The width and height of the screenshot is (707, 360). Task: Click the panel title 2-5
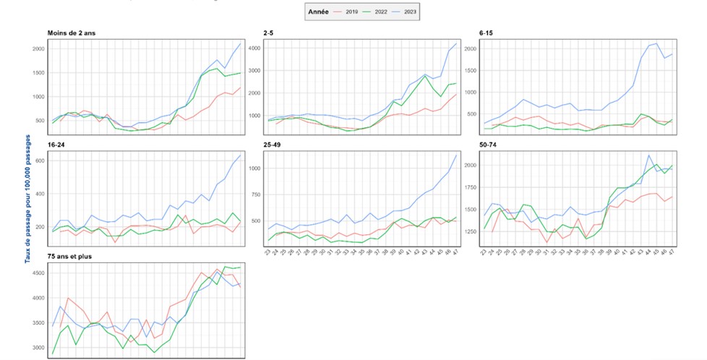270,33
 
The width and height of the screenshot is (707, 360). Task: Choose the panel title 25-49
273,145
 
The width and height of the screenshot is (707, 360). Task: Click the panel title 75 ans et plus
69,257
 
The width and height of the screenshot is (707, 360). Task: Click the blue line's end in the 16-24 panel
241,155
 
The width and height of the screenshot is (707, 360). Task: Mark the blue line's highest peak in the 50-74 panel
648,155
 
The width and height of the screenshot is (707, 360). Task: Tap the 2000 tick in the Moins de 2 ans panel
37,49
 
